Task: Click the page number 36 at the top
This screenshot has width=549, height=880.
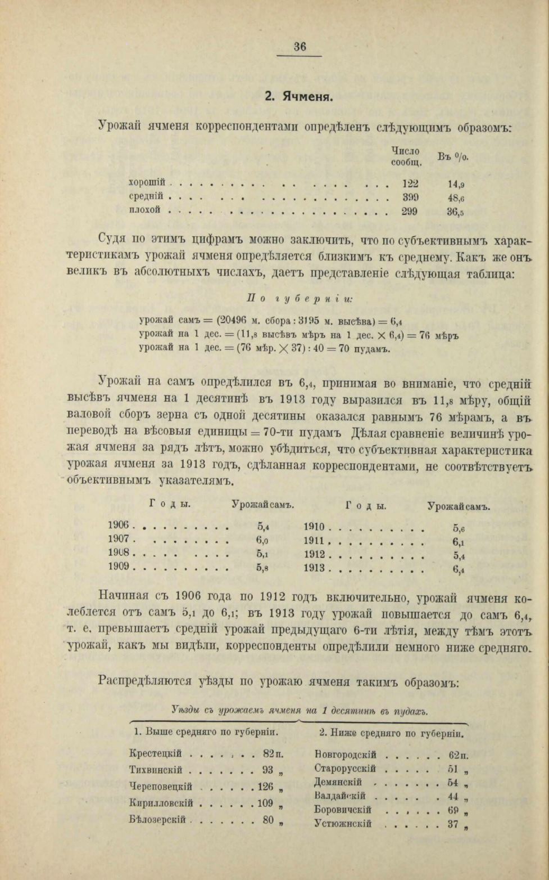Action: click(x=300, y=47)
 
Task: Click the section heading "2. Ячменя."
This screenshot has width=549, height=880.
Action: click(x=300, y=96)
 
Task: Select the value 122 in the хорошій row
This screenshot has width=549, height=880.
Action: click(x=410, y=183)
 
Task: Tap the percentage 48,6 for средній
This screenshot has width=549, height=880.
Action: click(x=456, y=198)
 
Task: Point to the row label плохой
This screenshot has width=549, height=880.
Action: click(x=145, y=210)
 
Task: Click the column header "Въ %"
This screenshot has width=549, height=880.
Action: click(x=452, y=156)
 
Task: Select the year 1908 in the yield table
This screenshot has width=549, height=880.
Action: click(x=119, y=553)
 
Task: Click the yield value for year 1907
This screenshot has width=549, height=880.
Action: click(x=263, y=540)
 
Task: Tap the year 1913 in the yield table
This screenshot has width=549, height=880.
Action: click(x=314, y=568)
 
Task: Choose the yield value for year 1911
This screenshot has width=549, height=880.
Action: click(x=458, y=542)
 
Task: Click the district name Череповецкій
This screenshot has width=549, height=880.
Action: click(x=160, y=787)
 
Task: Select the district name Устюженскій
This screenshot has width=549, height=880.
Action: click(x=343, y=824)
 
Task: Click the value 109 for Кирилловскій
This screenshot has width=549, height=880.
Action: click(x=265, y=803)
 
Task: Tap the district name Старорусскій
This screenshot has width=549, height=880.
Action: click(x=345, y=769)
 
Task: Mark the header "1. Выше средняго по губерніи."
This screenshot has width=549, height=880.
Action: click(x=207, y=733)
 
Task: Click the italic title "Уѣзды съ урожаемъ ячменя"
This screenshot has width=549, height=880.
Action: click(x=235, y=711)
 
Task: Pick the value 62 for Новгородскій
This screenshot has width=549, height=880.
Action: click(x=455, y=755)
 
